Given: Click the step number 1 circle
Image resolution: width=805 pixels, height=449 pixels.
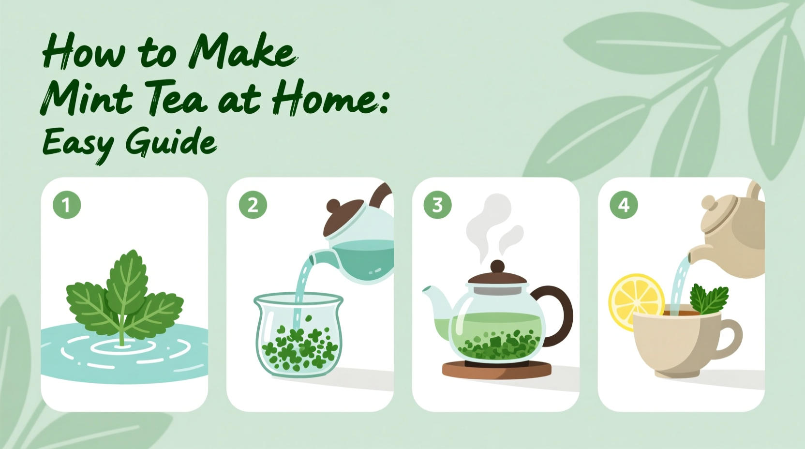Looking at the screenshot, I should [67, 205].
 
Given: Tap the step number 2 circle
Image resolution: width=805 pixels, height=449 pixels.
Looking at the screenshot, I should [253, 205].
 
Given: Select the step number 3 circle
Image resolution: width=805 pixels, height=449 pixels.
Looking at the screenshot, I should [437, 205].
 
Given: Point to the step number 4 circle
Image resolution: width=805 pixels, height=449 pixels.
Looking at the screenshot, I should [624, 205].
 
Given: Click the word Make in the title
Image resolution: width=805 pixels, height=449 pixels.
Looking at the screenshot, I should [242, 52].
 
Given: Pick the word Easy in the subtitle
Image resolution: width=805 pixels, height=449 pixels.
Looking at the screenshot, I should [77, 144].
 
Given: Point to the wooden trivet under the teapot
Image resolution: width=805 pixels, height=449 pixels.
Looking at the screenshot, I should [496, 370].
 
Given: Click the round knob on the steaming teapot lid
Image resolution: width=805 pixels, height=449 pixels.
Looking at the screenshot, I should [497, 267].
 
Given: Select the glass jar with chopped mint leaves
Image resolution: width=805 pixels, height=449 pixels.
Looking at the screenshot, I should [298, 334].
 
